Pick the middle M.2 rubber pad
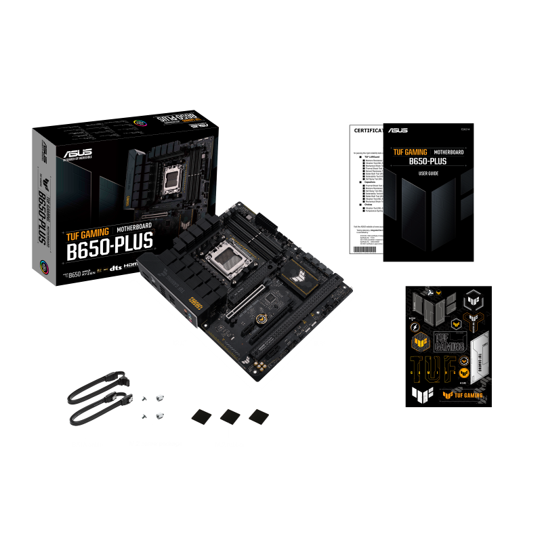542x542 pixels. coord(229,416)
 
